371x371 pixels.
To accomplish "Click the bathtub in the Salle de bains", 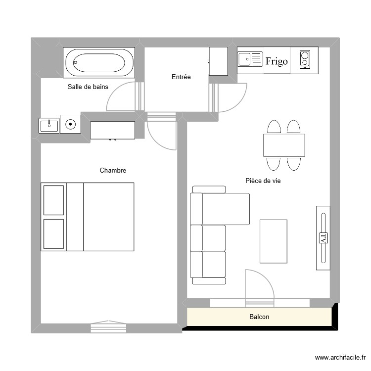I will [x=99, y=62].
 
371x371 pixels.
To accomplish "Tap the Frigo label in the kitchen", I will [x=277, y=61].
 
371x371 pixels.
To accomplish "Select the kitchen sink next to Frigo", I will [x=250, y=60].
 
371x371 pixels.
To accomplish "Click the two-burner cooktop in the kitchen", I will [x=305, y=60].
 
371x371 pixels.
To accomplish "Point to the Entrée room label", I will [x=181, y=77].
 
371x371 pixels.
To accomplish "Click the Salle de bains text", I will [x=88, y=87].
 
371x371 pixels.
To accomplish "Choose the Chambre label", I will [x=113, y=170].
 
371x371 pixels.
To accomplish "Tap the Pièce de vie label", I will [x=263, y=181].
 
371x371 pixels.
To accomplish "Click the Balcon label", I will [x=259, y=317].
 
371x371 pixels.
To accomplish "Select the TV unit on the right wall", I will [x=323, y=238].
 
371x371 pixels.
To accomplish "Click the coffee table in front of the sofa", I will [x=274, y=241].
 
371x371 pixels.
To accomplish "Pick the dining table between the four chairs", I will [x=284, y=145].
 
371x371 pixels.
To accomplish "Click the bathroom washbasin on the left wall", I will [x=49, y=125].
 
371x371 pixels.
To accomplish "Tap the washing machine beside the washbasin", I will [x=70, y=124].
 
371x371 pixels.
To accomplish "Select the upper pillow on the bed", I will [x=54, y=200].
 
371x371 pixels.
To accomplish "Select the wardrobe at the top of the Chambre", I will [x=113, y=130].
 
